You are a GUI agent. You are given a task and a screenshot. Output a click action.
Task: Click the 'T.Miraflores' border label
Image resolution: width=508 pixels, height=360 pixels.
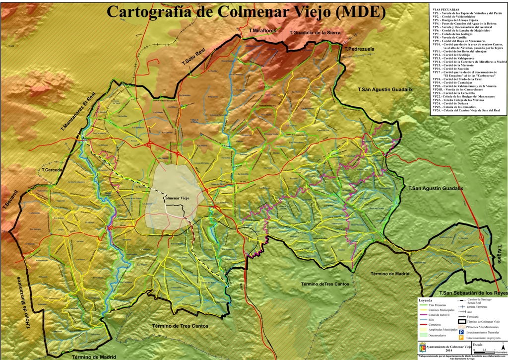262,31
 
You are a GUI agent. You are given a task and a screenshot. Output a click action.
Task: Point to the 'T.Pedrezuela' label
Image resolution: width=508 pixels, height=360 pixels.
357,50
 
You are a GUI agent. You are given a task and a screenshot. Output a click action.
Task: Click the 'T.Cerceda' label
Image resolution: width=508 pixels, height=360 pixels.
53,170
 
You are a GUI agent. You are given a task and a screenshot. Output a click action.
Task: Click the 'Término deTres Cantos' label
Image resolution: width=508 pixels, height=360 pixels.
325,284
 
